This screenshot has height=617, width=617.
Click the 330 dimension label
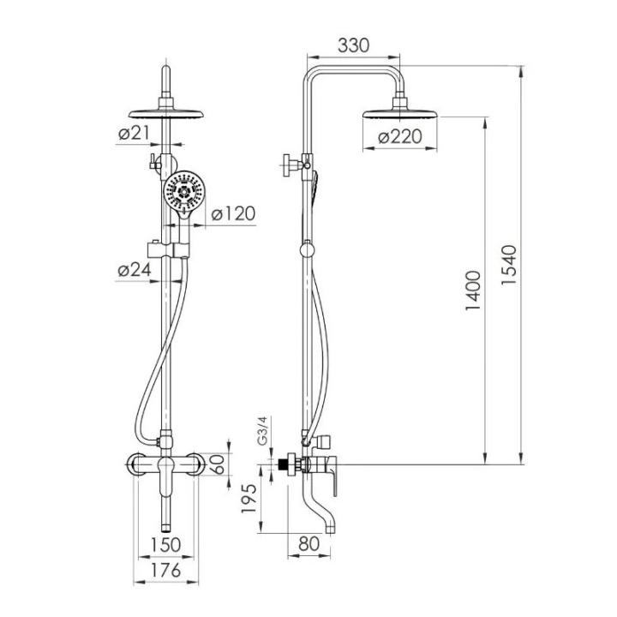click(x=353, y=45)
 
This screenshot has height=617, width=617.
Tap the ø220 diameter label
click(x=399, y=137)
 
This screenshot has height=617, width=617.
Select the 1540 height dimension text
click(x=508, y=265)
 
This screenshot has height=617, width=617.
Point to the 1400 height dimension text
click(x=472, y=291)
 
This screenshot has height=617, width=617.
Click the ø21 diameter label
click(x=134, y=133)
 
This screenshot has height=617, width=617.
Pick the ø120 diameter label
click(x=233, y=213)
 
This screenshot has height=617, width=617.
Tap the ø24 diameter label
click(x=135, y=270)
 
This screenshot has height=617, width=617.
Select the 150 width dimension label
click(x=165, y=545)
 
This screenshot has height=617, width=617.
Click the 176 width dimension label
click(x=165, y=569)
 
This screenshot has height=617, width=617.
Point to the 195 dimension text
click(x=249, y=498)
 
